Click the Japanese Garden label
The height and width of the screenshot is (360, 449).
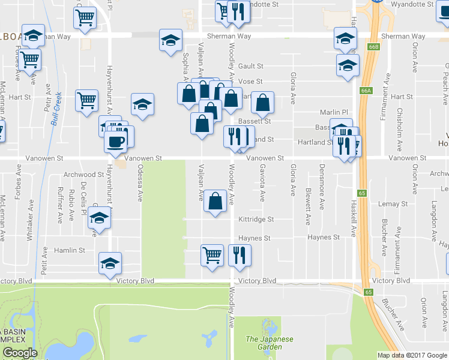click(x=270, y=343)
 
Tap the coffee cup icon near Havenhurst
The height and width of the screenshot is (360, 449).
click(x=115, y=142)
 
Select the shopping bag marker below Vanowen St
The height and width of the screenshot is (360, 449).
click(x=215, y=200)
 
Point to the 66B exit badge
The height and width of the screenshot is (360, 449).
click(x=374, y=46)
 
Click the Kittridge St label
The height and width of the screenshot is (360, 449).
click(x=256, y=220)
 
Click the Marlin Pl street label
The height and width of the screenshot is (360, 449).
click(x=334, y=112)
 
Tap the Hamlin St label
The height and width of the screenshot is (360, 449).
click(x=70, y=250)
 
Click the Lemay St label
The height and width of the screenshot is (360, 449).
click(x=393, y=204)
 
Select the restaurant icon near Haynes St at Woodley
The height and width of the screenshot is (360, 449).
click(x=240, y=255)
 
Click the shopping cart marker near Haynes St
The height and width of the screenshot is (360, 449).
click(x=212, y=255)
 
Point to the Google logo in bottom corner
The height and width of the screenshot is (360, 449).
click(x=19, y=353)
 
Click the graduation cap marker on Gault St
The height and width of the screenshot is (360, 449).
click(x=347, y=65)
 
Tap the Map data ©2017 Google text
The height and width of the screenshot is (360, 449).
click(x=412, y=355)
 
